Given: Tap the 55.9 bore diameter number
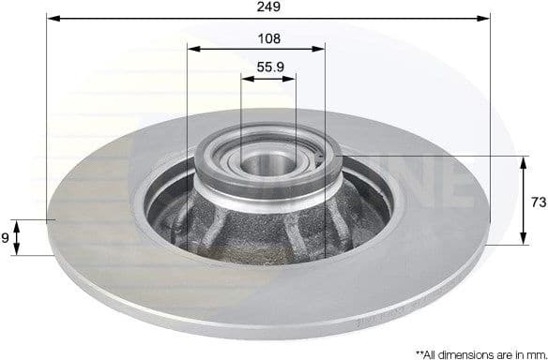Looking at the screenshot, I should click(270, 67).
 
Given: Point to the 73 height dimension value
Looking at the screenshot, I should click(539, 201).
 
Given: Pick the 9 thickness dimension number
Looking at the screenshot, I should click(6, 238).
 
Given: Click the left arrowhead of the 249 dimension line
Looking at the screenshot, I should click(51, 18).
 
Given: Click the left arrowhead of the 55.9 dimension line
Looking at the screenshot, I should click(247, 79).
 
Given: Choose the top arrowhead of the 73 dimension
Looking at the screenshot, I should click(523, 160).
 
